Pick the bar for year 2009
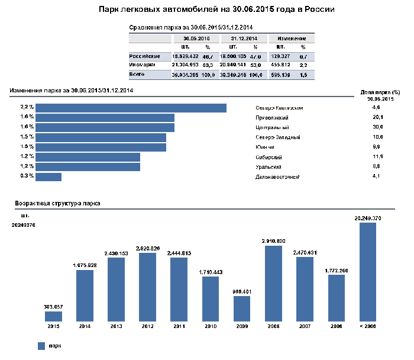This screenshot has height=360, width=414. tap(241, 308)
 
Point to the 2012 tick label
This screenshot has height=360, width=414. tap(147, 326)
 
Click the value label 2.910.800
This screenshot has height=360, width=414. tap(273, 241)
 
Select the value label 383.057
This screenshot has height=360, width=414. tap(53, 306)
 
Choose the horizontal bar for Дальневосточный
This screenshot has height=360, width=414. tap(49, 176)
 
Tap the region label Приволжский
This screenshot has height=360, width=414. tap(272, 118)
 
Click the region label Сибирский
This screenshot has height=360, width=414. tap(269, 157)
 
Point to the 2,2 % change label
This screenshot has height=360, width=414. tap(27, 108)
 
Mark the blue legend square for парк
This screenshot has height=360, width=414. tap(41, 345)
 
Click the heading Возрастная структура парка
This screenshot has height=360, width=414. tap(57, 203)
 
